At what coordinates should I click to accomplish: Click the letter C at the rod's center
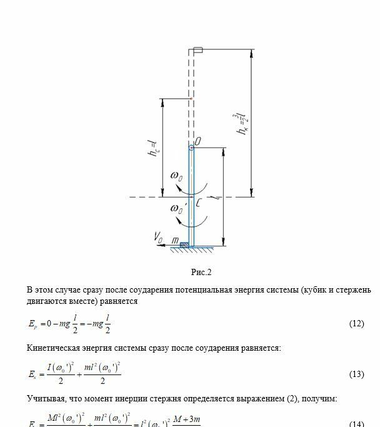[198, 203]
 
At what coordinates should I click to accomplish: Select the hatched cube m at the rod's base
[184, 244]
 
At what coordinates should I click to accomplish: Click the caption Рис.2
[202, 272]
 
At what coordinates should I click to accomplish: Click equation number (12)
[356, 324]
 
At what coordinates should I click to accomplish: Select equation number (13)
[356, 374]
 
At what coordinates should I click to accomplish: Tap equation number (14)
[356, 423]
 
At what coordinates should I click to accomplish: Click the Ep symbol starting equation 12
[32, 325]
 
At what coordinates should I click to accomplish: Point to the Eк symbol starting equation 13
[32, 374]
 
